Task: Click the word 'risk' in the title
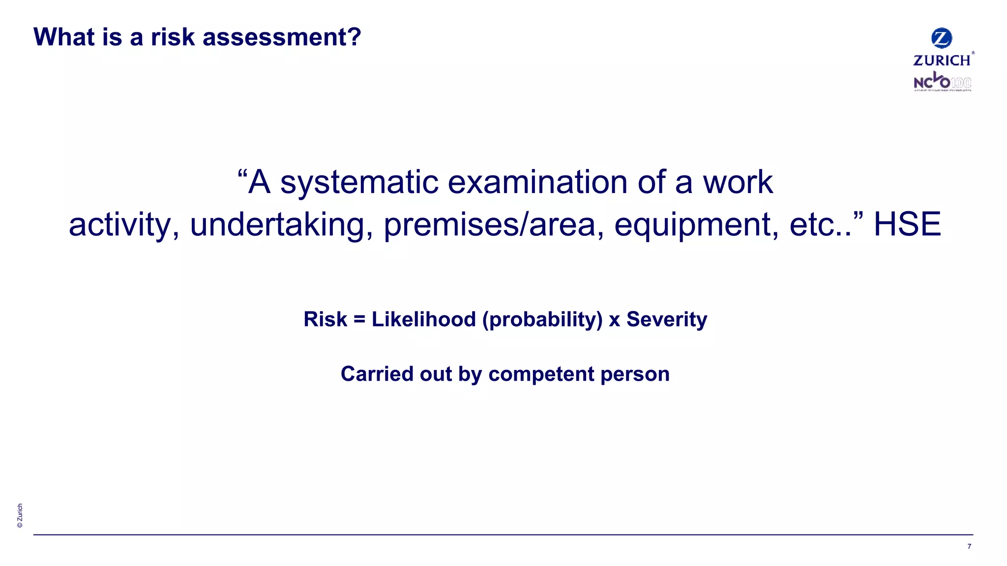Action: click(x=173, y=37)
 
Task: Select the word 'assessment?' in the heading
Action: click(x=282, y=37)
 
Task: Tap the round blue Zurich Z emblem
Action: click(x=942, y=38)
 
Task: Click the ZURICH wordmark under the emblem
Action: click(x=942, y=60)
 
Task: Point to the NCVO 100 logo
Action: click(x=942, y=82)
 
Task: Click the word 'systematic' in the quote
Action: click(x=359, y=183)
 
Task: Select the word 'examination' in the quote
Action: click(x=538, y=182)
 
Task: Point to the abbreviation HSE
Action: click(x=907, y=225)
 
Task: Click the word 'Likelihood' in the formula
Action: click(x=424, y=319)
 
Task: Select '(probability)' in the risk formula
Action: click(x=542, y=320)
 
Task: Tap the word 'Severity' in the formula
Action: click(x=667, y=319)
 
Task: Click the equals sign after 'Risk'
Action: click(x=359, y=319)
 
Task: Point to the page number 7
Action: click(x=969, y=546)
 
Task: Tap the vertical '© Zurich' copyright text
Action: click(x=20, y=515)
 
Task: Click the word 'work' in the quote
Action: click(x=738, y=183)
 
